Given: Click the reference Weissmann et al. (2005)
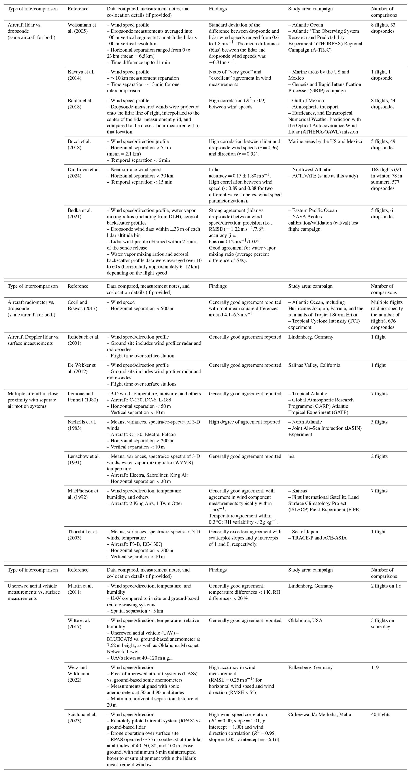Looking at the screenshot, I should pos(82,28).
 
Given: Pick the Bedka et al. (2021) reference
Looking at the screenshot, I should pos(80,213).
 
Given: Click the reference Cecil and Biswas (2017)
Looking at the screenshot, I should pos(82,305).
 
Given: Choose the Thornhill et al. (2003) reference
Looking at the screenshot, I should pos(83,534).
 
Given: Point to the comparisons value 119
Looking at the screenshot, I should pos(375,667).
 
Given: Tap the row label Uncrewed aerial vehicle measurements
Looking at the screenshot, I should pos(34,592).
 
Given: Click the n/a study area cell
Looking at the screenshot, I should pos(291,456).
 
